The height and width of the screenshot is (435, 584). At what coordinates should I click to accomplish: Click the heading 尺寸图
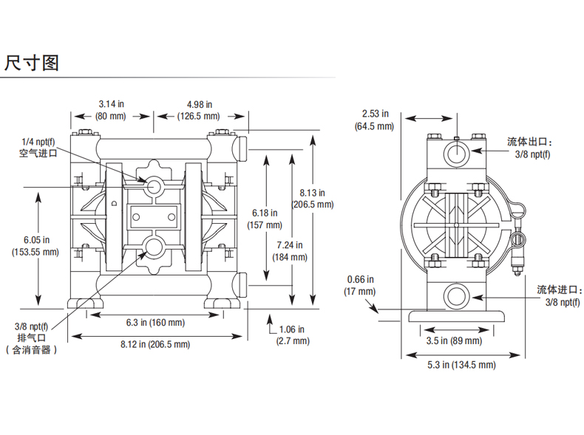click(32, 63)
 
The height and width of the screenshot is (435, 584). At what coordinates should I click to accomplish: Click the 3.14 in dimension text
click(111, 104)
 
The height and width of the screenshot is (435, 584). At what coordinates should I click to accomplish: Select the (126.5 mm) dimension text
click(199, 116)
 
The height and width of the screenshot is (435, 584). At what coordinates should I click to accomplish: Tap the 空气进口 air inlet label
click(38, 153)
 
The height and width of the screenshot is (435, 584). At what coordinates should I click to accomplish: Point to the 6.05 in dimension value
click(36, 239)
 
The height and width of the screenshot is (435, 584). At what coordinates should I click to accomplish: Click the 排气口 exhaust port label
click(32, 338)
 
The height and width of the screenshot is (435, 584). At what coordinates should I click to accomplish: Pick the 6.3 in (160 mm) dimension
click(155, 323)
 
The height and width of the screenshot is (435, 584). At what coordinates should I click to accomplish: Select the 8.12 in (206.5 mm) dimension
click(155, 344)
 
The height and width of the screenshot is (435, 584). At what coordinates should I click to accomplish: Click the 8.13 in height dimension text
click(312, 193)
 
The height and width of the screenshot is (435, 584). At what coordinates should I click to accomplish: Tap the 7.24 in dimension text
click(289, 245)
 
